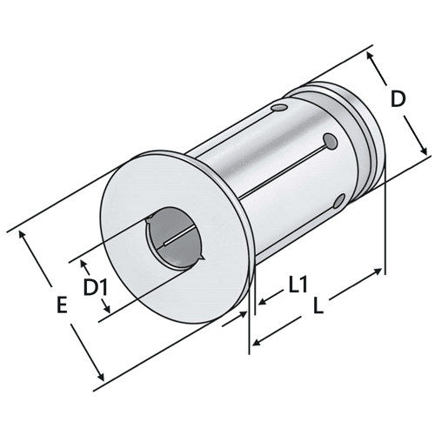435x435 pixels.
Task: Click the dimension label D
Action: tap(398, 101)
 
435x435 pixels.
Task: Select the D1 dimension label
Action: tap(95, 286)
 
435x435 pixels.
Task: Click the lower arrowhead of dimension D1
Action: tap(105, 311)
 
